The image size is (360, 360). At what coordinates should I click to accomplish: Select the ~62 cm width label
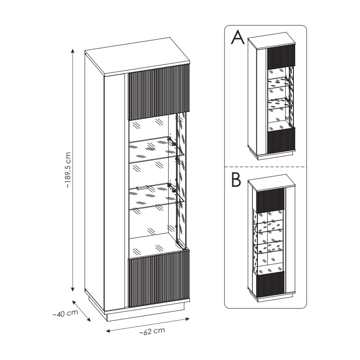coord(151,332)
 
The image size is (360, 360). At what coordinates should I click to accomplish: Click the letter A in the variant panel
coord(237,38)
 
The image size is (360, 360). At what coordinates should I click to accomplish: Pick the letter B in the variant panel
coord(236,180)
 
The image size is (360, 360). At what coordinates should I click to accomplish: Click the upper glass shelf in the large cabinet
coord(153,148)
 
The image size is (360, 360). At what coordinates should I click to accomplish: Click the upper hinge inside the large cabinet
coord(171,140)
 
